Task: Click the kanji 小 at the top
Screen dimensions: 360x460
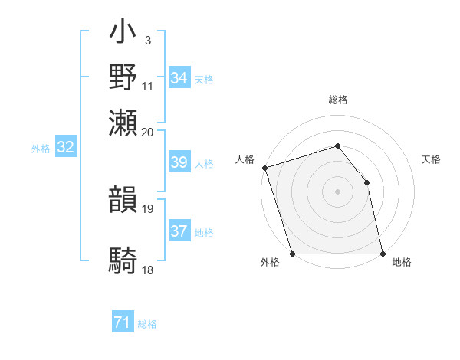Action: pos(124,34)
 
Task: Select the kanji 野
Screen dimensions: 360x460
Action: pos(124,77)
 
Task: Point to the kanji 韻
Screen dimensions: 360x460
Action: pos(124,201)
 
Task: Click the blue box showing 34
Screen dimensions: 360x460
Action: pos(179,78)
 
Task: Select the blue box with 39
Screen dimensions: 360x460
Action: pos(179,162)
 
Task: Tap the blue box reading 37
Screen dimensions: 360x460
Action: pos(179,231)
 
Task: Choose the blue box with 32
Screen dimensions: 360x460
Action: pos(66,148)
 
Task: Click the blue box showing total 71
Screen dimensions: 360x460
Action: pos(123,323)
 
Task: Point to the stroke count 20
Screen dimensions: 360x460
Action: pos(148,131)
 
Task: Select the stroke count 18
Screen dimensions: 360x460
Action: pos(148,270)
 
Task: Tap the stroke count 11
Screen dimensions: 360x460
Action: pos(148,86)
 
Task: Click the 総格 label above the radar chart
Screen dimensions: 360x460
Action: pos(338,100)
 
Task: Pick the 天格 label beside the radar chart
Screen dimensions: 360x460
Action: pos(432,159)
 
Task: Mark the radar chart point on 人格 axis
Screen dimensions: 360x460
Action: pos(264,168)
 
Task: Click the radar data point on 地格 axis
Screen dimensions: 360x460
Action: pos(383,254)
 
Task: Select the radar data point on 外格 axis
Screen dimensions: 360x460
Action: pos(293,254)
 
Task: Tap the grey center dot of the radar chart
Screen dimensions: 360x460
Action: pos(337,191)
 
